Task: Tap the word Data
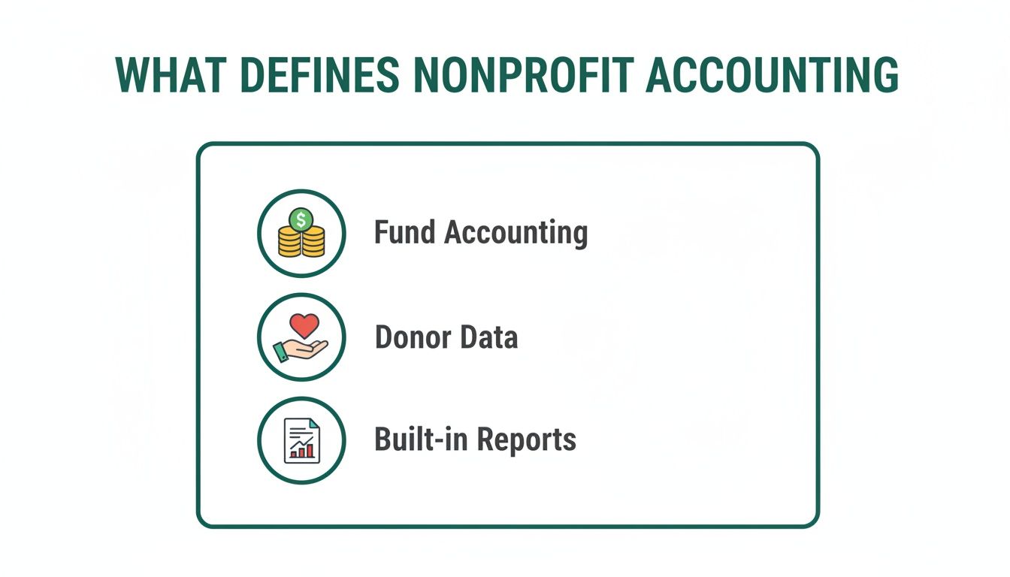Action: [489, 337]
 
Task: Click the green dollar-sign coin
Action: [301, 219]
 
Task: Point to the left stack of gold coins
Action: [289, 243]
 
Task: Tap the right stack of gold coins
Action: [313, 243]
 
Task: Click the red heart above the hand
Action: [304, 326]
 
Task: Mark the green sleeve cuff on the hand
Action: [280, 352]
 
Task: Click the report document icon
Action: [301, 440]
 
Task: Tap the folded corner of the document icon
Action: [314, 425]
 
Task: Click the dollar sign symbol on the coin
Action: [301, 219]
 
